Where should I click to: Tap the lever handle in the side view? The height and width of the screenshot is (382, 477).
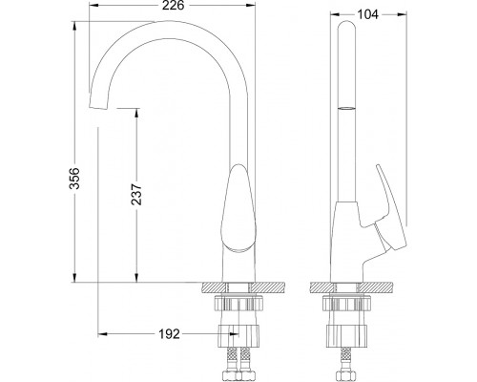click(x=390, y=212)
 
